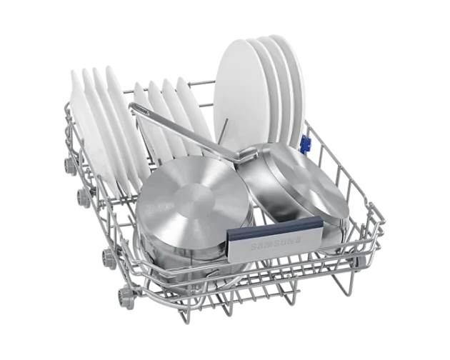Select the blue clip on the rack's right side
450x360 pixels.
[x=306, y=144]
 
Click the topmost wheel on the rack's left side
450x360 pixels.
[x=69, y=164]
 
